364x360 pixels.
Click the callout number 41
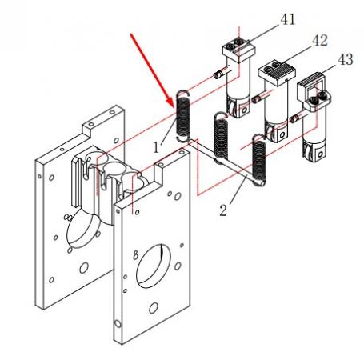[x=288, y=19]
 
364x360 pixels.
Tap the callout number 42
[x=319, y=41]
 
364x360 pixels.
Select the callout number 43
[x=346, y=59]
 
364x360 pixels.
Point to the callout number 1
[x=156, y=147]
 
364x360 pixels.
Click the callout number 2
[x=223, y=210]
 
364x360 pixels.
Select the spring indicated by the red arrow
[x=183, y=116]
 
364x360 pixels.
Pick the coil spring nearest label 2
[x=259, y=160]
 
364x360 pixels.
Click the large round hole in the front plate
[x=154, y=266]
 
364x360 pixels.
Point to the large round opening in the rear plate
[x=82, y=230]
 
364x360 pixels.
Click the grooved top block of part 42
[x=277, y=72]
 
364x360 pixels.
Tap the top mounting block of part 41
[x=239, y=50]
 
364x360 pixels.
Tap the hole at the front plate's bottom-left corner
[x=118, y=324]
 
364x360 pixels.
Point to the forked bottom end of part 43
[x=314, y=151]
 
